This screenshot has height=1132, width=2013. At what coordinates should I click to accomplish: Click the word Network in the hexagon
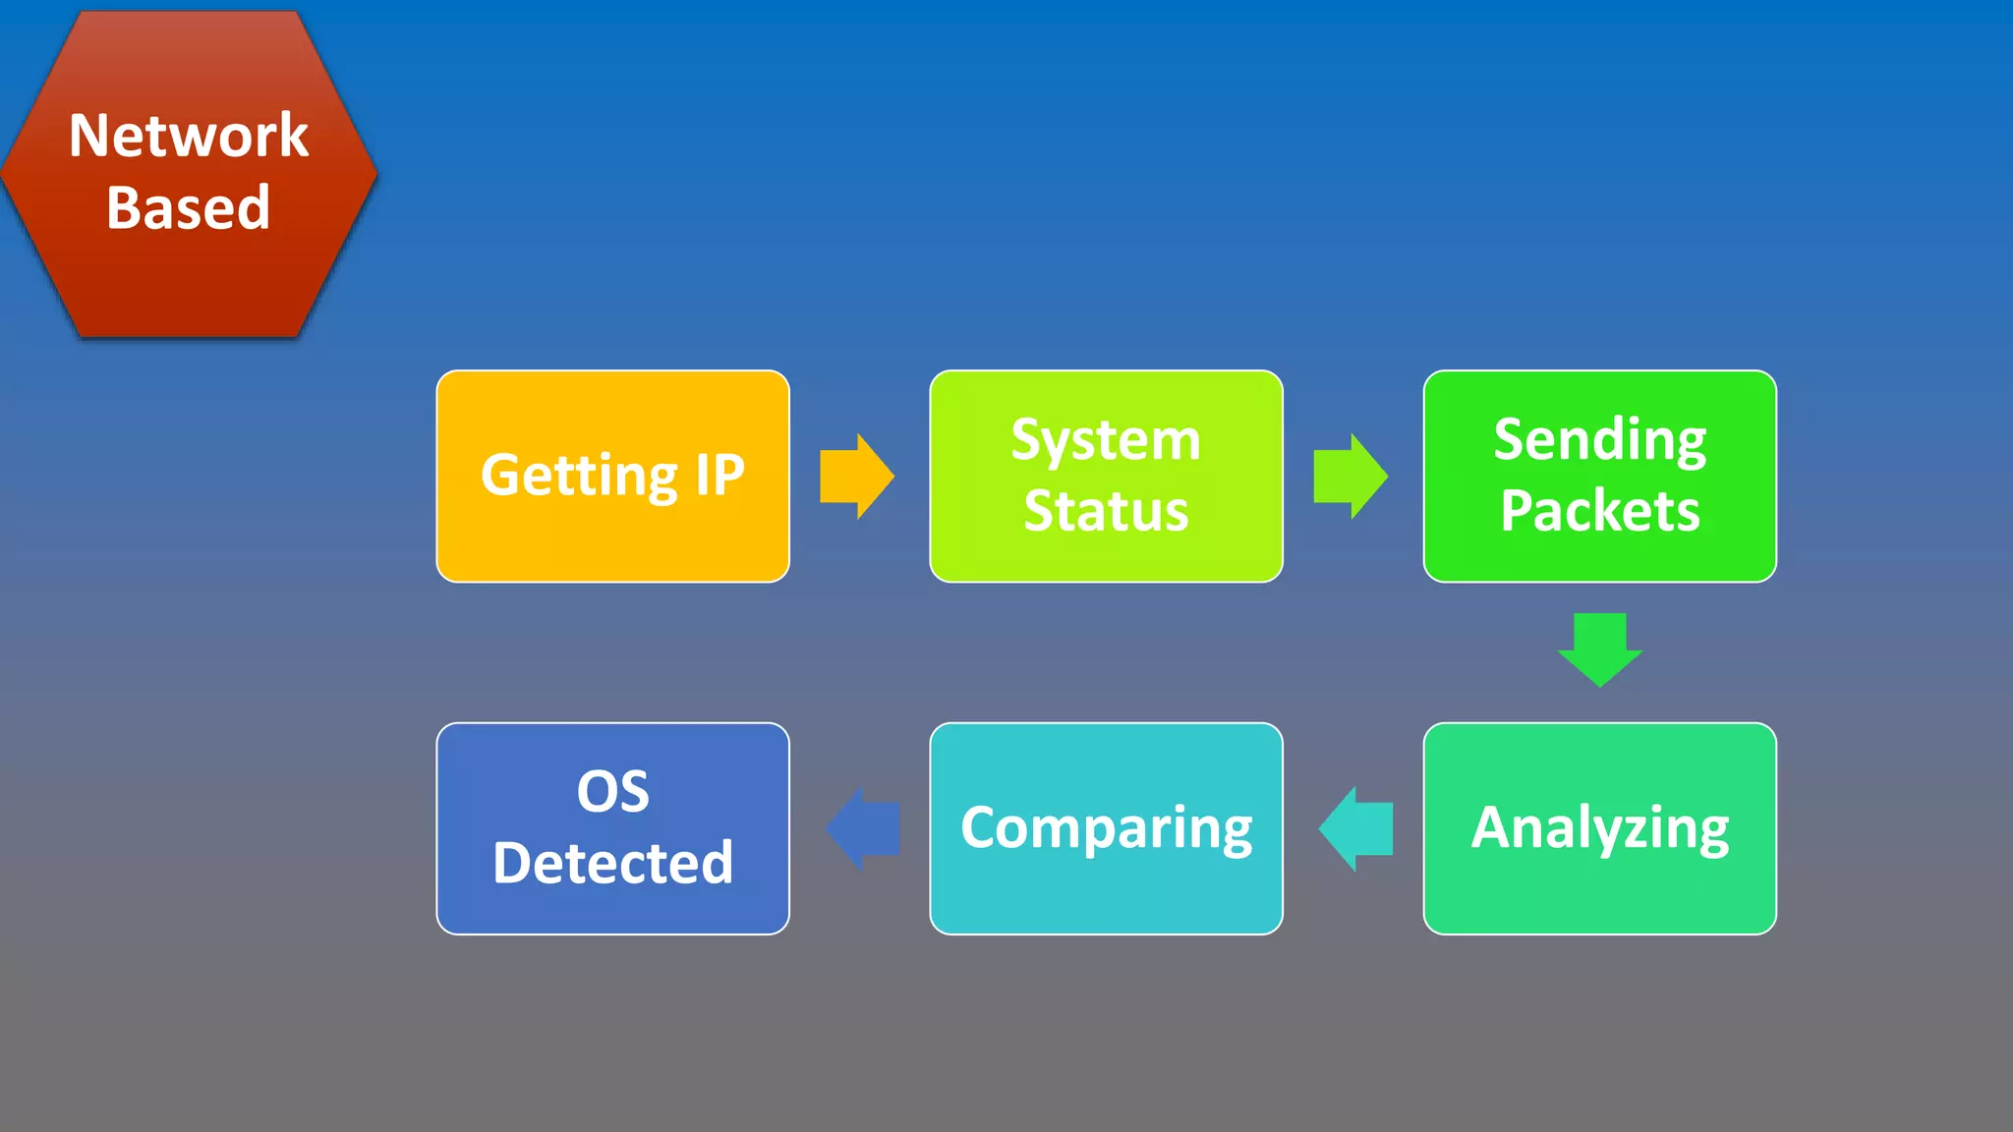point(189,136)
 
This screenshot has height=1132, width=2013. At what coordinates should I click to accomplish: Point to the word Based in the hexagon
point(189,207)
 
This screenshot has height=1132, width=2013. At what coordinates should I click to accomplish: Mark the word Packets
point(1599,511)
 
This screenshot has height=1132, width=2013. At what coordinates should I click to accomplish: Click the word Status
point(1106,511)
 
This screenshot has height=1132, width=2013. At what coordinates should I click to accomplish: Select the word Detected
point(612,863)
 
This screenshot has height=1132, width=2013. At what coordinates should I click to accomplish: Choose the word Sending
point(1599,440)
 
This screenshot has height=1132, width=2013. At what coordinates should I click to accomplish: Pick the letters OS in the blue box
point(612,792)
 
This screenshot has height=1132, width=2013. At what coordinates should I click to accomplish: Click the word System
point(1106,440)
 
